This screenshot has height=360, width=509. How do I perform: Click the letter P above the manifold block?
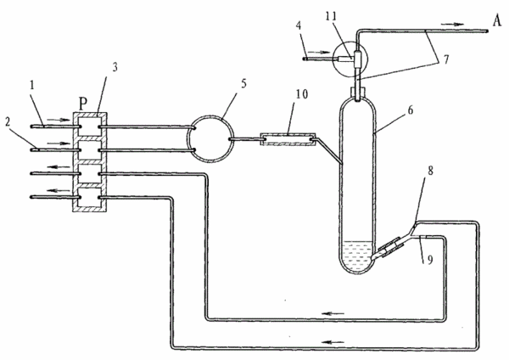pos(83,104)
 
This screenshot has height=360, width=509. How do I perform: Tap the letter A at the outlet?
pos(496,20)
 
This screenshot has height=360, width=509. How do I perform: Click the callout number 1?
pos(32,85)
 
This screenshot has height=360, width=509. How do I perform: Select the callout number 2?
pos(8,122)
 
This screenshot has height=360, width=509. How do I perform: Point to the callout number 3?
pos(115,67)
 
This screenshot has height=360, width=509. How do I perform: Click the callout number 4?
pos(299,26)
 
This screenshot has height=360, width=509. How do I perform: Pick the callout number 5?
pos(243,84)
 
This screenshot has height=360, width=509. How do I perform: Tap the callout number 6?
pos(411,110)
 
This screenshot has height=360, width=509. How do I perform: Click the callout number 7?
pos(446,59)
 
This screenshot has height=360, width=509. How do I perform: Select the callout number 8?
pos(430,171)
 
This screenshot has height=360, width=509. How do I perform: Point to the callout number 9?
pos(430,260)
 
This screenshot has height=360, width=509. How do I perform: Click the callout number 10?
pos(301,94)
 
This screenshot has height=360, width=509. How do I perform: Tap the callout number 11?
pos(331,16)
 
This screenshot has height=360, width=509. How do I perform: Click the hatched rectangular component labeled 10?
pos(288,139)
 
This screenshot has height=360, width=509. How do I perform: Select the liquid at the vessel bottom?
pos(357,255)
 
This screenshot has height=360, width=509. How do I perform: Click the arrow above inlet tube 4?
pos(318,52)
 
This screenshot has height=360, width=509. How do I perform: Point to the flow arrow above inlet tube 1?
pos(59,120)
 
